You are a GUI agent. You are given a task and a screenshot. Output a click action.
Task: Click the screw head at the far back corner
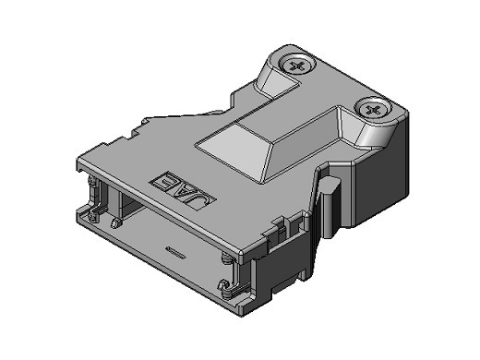coord(297,65)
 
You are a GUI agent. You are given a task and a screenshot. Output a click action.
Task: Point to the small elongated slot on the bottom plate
coord(174,251)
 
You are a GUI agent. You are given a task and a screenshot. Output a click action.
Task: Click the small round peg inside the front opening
coord(115,223)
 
